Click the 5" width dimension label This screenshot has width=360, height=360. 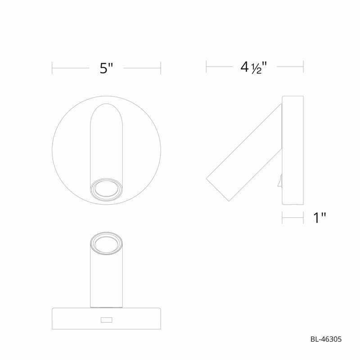(x=106, y=68)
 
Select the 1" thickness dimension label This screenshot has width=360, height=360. (x=319, y=218)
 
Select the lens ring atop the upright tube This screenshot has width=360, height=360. (x=107, y=244)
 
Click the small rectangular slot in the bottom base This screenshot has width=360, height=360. (x=107, y=320)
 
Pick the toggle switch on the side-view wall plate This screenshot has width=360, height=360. (x=280, y=181)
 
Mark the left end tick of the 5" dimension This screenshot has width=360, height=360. (x=53, y=68)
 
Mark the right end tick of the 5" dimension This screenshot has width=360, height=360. (x=161, y=68)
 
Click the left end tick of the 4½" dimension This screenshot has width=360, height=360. (x=206, y=67)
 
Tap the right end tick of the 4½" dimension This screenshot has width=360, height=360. (x=304, y=67)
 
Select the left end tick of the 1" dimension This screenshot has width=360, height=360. (x=282, y=218)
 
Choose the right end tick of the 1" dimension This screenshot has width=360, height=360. (x=304, y=218)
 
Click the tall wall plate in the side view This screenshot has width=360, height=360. (x=293, y=151)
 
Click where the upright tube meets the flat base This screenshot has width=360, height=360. (x=107, y=307)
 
